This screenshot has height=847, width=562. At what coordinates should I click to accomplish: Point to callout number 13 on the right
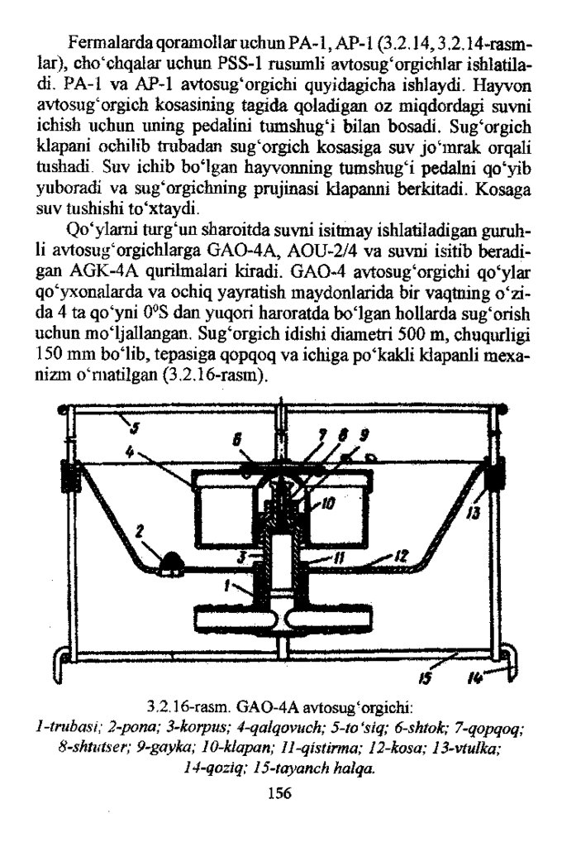474,514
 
